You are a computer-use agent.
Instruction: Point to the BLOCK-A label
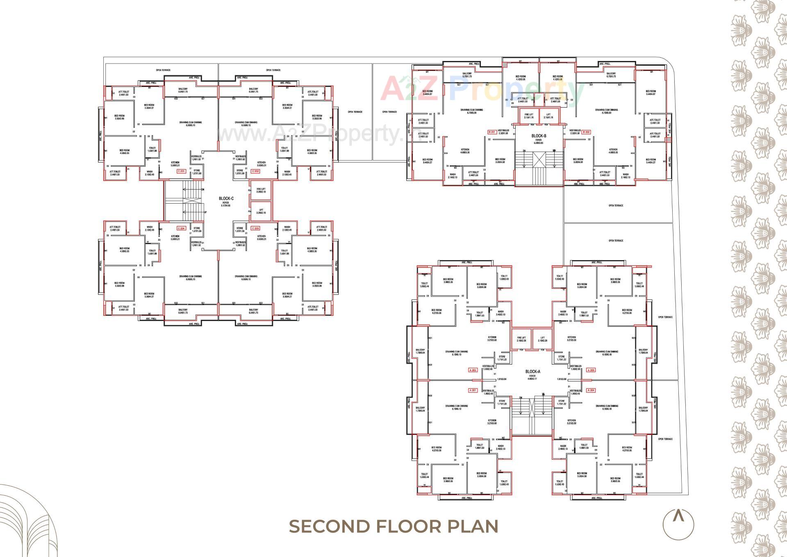(533, 371)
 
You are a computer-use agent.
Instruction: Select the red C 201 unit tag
(181, 171)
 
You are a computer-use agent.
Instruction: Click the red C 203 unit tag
(255, 228)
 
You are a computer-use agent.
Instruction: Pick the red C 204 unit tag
(181, 228)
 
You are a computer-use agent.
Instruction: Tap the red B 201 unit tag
(492, 132)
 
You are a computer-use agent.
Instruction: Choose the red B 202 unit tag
(586, 132)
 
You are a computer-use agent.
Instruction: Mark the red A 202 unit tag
(473, 370)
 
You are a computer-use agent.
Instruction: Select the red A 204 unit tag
(591, 390)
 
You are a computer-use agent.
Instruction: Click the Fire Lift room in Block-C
(261, 190)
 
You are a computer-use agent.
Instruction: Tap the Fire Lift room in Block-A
(521, 339)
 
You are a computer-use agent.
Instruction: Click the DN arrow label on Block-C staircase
(203, 189)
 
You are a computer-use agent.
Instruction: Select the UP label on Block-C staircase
(205, 212)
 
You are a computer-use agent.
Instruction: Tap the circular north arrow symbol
(678, 523)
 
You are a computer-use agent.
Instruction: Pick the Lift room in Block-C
(261, 211)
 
